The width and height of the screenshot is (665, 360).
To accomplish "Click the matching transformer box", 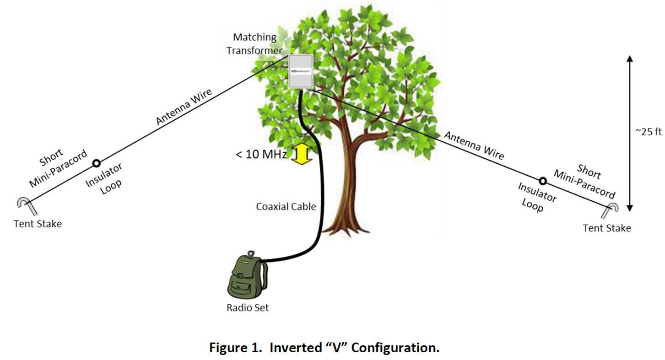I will click(301, 71).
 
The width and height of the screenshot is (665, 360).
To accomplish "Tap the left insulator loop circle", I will click(97, 163).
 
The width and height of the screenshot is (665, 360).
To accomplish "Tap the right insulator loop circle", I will click(543, 181).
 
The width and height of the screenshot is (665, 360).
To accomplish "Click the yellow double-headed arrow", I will click(302, 154).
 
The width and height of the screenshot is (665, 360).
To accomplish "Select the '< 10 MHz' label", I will click(261, 154).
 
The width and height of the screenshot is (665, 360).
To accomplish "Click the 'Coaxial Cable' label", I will click(286, 207).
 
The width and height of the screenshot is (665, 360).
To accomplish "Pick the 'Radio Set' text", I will click(248, 308).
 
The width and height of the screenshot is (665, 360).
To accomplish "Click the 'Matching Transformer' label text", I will click(254, 43).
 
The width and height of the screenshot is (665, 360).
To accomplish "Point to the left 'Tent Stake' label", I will click(38, 224).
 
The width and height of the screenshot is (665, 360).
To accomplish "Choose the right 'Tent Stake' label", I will click(606, 228).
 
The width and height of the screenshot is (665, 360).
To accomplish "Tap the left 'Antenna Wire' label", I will click(184, 107).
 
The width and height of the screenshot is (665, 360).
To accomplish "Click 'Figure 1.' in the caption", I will click(237, 348).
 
